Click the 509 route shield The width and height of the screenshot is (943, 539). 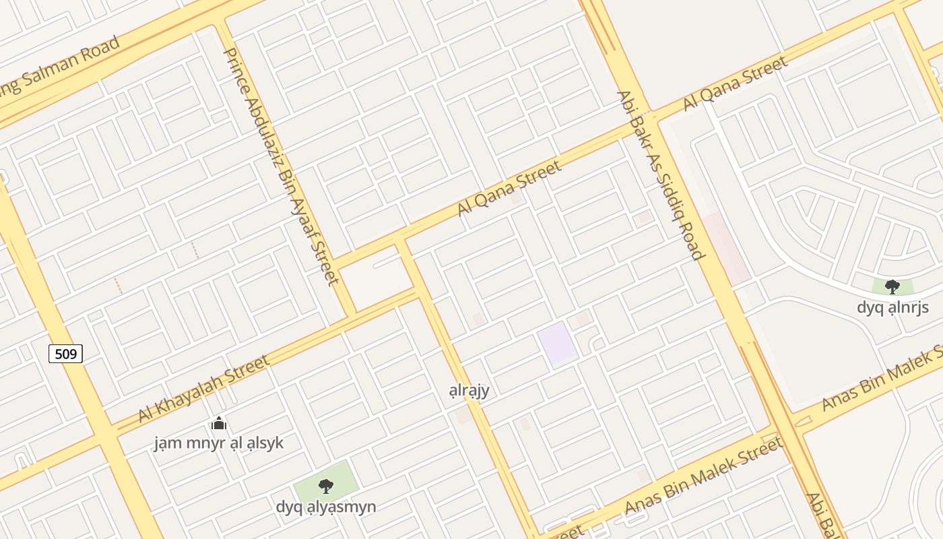[x=65, y=353]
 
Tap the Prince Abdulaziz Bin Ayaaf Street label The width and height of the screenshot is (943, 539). [x=280, y=166]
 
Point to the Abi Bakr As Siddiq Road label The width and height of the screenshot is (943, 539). [x=660, y=175]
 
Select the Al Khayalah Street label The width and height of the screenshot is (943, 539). [x=204, y=389]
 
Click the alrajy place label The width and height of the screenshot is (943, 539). [x=469, y=390]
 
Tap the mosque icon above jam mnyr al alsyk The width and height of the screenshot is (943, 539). [x=218, y=424]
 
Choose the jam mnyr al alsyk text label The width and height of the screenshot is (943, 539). [x=218, y=443]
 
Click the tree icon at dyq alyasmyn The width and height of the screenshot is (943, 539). [x=325, y=486]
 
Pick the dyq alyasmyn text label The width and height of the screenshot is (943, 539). [x=325, y=507]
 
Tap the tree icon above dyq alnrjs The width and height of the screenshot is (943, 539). [x=892, y=287]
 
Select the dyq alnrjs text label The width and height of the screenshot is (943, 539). [x=892, y=307]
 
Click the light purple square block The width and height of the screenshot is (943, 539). [x=557, y=343]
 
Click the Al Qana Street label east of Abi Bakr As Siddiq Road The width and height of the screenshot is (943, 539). [x=735, y=84]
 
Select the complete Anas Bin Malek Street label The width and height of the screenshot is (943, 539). [x=704, y=475]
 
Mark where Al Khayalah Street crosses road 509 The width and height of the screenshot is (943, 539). [x=108, y=434]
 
